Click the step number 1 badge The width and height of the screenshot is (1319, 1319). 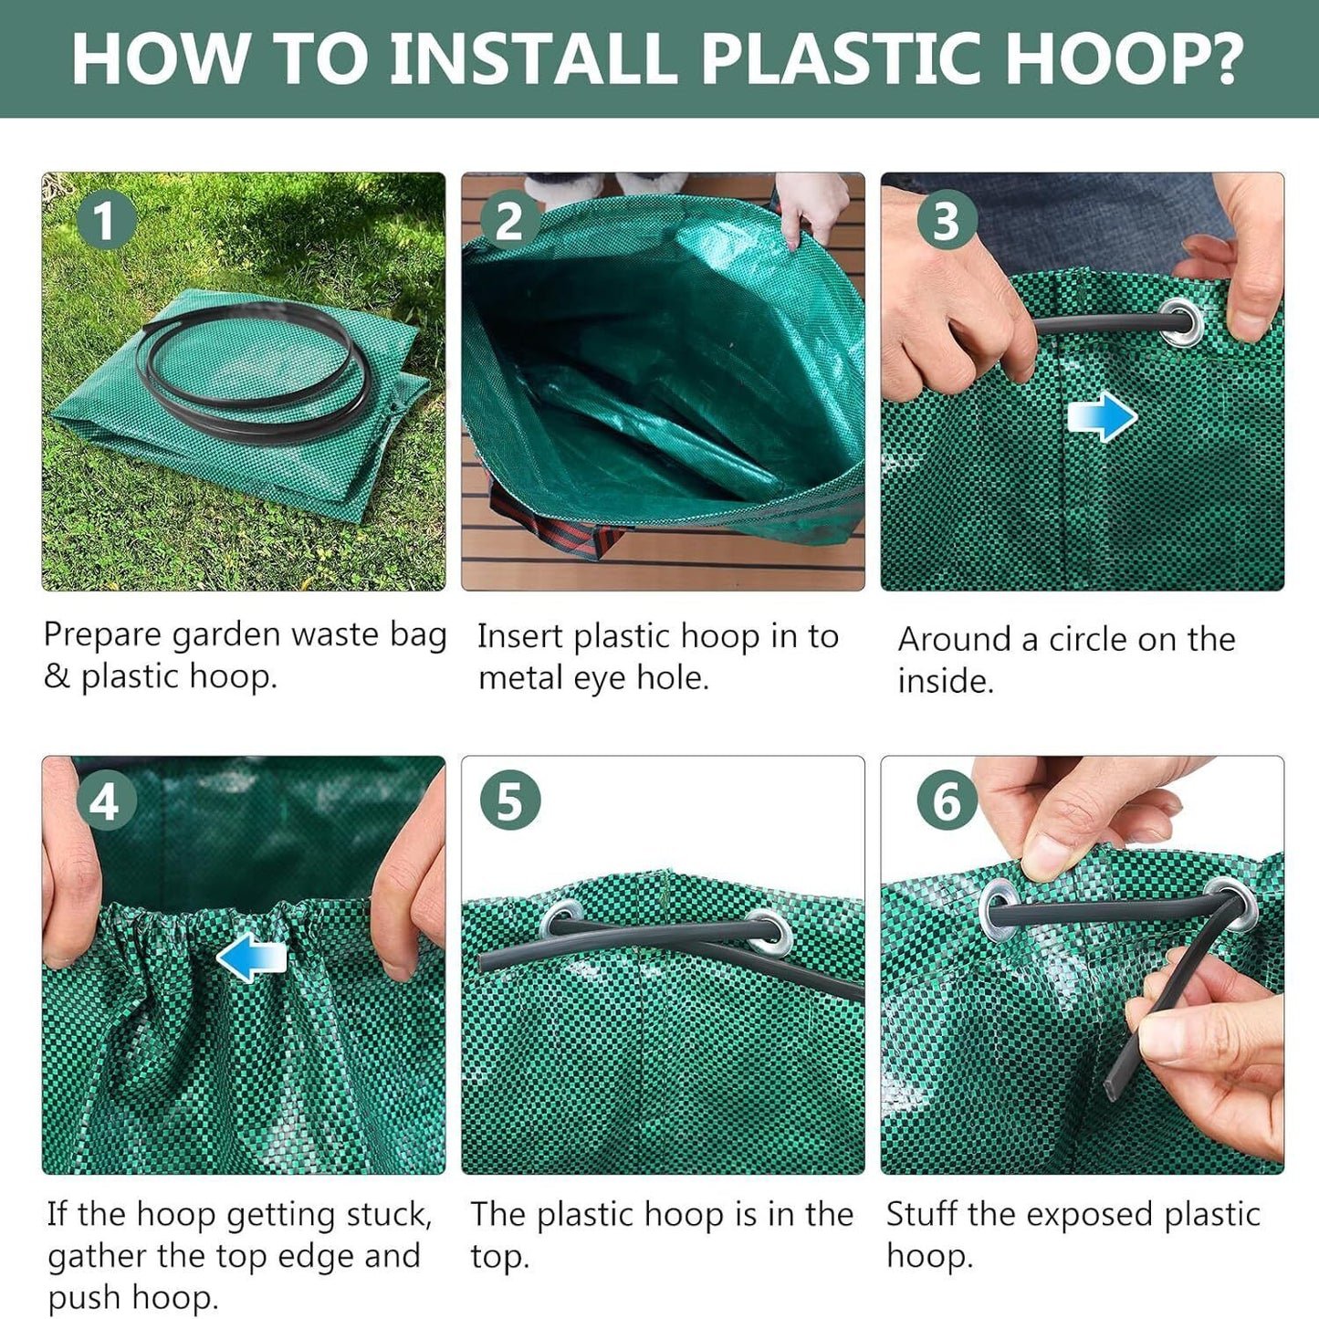point(105,221)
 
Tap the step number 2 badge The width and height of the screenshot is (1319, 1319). point(509,221)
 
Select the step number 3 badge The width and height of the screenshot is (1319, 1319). point(947,221)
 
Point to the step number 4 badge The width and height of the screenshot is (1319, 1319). point(106,802)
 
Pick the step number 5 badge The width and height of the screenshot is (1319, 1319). point(509,801)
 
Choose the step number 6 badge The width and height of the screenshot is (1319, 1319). point(947,801)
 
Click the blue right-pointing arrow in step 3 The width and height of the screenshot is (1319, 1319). point(1102,417)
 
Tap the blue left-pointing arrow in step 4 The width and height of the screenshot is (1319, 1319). point(252,959)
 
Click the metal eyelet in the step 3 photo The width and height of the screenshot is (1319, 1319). point(1182,322)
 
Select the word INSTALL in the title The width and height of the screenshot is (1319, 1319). point(537,59)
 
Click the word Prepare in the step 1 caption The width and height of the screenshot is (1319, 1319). point(102,635)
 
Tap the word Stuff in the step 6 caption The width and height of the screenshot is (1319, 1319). point(922,1215)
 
